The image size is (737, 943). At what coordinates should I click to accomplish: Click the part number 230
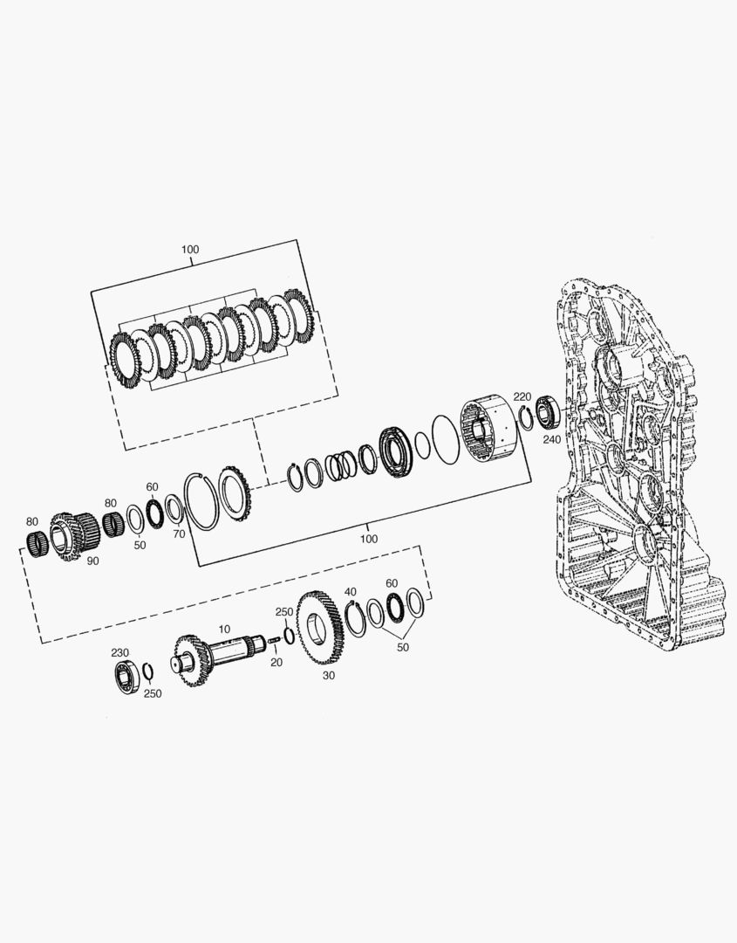119,652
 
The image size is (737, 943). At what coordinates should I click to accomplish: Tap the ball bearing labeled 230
129,677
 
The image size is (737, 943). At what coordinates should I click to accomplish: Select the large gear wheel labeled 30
320,628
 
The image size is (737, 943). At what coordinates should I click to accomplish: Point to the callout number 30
329,675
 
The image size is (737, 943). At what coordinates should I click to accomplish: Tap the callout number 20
276,662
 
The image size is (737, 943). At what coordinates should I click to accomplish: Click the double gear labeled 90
74,536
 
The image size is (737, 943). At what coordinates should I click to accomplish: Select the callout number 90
92,561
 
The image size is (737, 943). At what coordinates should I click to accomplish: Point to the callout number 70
179,533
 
